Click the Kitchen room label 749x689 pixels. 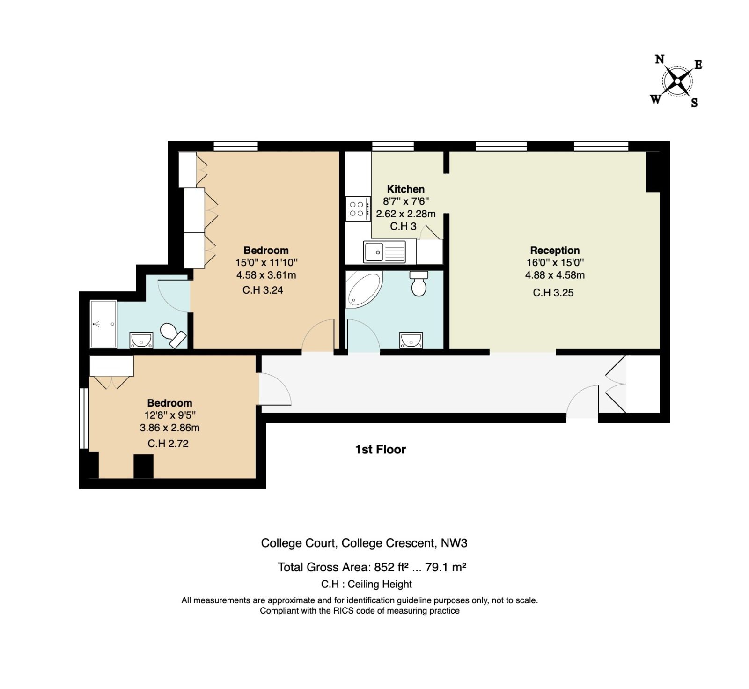[406, 189]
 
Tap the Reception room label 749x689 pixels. [555, 251]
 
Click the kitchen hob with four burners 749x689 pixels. [358, 209]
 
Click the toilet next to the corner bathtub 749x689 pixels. [419, 283]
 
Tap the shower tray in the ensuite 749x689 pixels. [103, 324]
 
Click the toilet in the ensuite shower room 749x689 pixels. [172, 335]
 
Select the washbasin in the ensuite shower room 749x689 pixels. [141, 341]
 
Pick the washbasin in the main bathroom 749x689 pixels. [411, 341]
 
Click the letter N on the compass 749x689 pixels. [660, 59]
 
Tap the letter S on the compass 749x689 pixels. [694, 103]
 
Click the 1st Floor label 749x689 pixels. [380, 450]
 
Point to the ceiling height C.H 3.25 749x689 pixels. [553, 293]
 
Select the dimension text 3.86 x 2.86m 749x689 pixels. [169, 428]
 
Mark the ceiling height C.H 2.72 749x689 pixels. [168, 444]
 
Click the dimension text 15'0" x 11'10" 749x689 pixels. [266, 263]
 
